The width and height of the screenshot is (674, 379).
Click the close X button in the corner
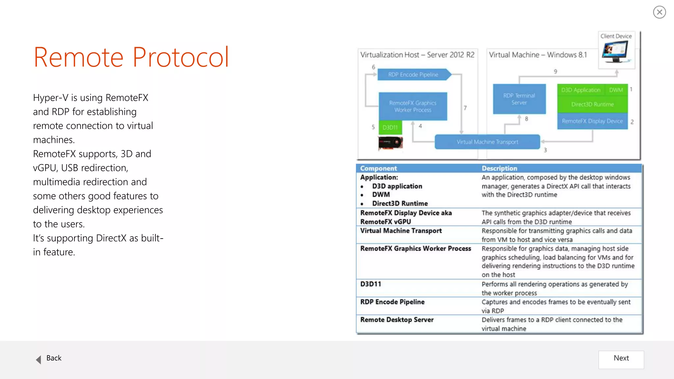point(659,12)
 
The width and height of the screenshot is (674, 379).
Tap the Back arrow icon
point(39,359)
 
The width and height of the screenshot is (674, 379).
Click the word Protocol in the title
point(181,57)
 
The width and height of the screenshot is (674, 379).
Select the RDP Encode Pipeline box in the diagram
point(413,75)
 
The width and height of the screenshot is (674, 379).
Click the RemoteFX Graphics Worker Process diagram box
point(413,107)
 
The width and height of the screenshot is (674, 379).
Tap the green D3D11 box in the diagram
point(390,127)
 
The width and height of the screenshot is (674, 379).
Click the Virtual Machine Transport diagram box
point(487,142)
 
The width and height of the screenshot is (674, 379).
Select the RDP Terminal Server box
point(519,99)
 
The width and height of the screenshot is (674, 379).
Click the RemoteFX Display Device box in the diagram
point(592,121)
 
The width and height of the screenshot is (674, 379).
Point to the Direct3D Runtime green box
point(592,104)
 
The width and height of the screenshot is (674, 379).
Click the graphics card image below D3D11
point(390,143)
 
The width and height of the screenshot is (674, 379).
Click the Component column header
point(378,168)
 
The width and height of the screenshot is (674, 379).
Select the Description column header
point(499,168)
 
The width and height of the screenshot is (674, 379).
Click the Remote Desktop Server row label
point(397,320)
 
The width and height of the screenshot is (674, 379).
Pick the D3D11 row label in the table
point(371,284)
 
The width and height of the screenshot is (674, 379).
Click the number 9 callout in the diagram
point(555,71)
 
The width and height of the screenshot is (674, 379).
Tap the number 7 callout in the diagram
point(465,108)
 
